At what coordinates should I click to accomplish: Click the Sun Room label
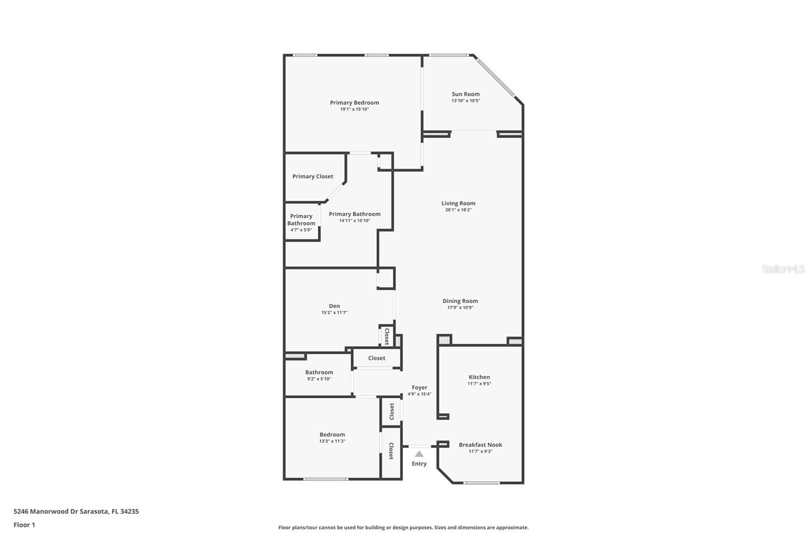point(466,94)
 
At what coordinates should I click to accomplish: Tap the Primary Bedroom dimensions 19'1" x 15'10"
point(355,109)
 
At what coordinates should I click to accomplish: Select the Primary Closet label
point(313,176)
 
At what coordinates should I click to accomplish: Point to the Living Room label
point(458,203)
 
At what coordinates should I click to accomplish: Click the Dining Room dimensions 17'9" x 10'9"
point(460,307)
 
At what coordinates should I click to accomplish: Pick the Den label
point(334,306)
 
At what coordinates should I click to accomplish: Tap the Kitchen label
point(479,377)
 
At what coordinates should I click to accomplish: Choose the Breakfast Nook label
point(480,445)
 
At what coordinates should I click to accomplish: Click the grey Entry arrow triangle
point(419,454)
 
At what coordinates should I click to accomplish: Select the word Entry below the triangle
point(419,464)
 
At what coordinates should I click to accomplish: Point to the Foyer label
point(419,388)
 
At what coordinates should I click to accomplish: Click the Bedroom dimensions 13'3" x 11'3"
point(332,441)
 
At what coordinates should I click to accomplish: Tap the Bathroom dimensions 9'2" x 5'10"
point(319,379)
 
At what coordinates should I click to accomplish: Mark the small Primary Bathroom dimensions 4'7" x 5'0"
point(301,230)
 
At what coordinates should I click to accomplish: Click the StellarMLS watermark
point(783,269)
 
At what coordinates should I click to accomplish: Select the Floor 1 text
point(24,525)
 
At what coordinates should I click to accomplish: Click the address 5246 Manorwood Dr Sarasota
point(61,511)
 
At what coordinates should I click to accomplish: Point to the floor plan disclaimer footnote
point(403,527)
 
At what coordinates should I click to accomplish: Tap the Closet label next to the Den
point(387,337)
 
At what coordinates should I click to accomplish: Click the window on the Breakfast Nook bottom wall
point(481,483)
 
